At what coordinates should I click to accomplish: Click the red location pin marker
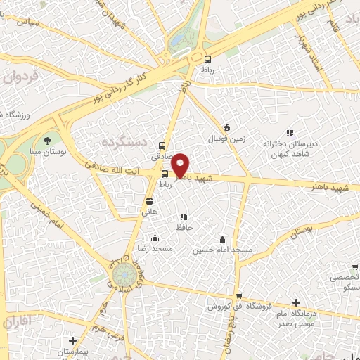[x=180, y=165]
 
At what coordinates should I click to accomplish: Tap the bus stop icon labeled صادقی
[x=162, y=146]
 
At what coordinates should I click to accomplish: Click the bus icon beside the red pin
[x=165, y=174]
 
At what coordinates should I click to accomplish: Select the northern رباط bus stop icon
[x=207, y=60]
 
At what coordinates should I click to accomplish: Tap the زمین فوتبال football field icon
[x=226, y=127]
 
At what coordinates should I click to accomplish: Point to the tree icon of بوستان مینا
[x=47, y=141]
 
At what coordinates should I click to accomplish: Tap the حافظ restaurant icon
[x=184, y=217]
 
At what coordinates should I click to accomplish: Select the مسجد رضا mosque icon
[x=154, y=238]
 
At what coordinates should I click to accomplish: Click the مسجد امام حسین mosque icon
[x=222, y=239]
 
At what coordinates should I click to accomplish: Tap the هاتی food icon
[x=148, y=200]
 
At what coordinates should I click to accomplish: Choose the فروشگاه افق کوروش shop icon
[x=239, y=296]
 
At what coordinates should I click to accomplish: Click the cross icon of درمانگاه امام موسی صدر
[x=296, y=302]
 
